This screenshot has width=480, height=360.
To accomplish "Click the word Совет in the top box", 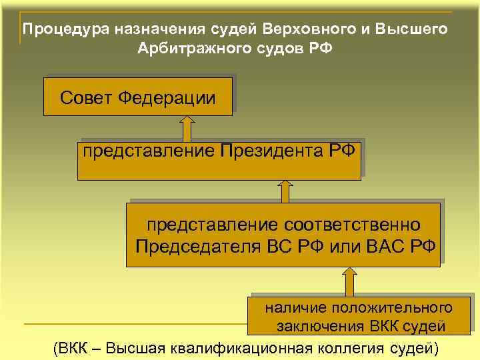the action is [86, 99].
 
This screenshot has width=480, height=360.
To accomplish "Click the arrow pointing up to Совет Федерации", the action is [187, 128].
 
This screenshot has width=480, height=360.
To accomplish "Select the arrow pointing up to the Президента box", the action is [285, 191].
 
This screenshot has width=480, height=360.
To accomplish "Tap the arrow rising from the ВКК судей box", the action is [348, 280].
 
